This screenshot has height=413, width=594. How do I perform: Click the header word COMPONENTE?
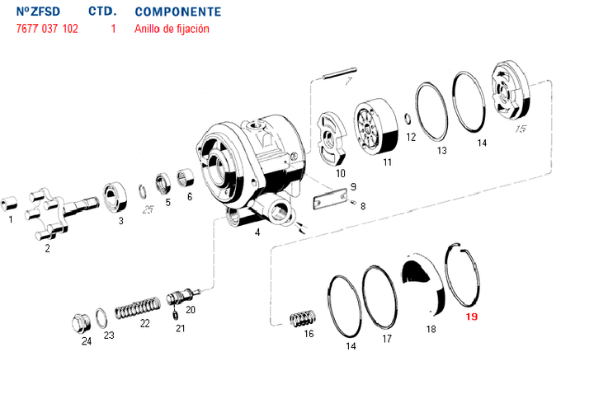(x=177, y=12)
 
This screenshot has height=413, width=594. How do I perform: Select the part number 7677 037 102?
(x=47, y=29)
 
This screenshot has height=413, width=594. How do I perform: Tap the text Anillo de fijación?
(x=172, y=29)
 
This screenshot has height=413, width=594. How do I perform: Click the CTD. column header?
(x=102, y=12)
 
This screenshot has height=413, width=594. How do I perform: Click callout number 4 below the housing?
(x=257, y=232)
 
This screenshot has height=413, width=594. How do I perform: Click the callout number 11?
(x=387, y=162)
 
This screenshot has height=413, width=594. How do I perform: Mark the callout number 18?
(x=430, y=329)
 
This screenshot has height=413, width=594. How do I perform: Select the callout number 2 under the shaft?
(x=47, y=247)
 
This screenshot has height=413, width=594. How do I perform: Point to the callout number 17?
(x=386, y=339)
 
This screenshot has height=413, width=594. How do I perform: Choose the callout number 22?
(x=145, y=323)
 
